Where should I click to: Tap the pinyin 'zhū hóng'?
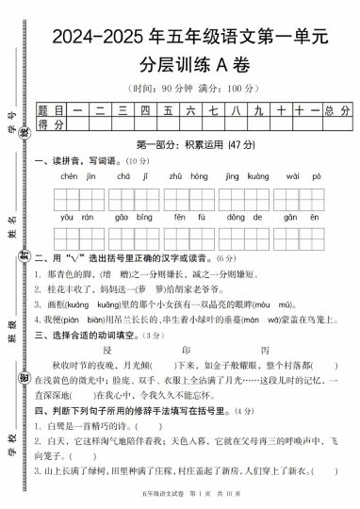click(182, 175)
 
